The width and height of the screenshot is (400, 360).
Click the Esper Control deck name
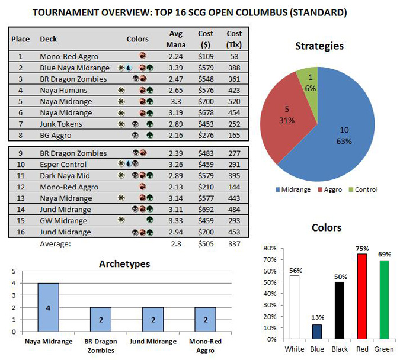pos(62,164)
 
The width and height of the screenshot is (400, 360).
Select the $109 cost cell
pos(205,56)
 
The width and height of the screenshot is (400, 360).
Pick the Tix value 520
pos(234,102)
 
